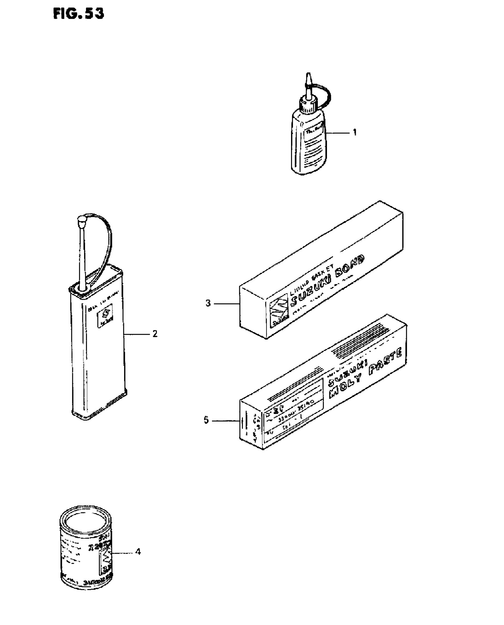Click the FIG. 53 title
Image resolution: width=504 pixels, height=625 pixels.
[79, 14]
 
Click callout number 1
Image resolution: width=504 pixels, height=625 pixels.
[355, 132]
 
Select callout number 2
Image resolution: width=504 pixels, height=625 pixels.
[155, 334]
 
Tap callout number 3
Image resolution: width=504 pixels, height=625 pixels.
[208, 303]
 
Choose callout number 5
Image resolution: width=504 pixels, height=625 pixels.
[206, 420]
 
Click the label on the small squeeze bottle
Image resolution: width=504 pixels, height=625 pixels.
[314, 148]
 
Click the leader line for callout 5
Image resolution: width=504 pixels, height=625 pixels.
[226, 421]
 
